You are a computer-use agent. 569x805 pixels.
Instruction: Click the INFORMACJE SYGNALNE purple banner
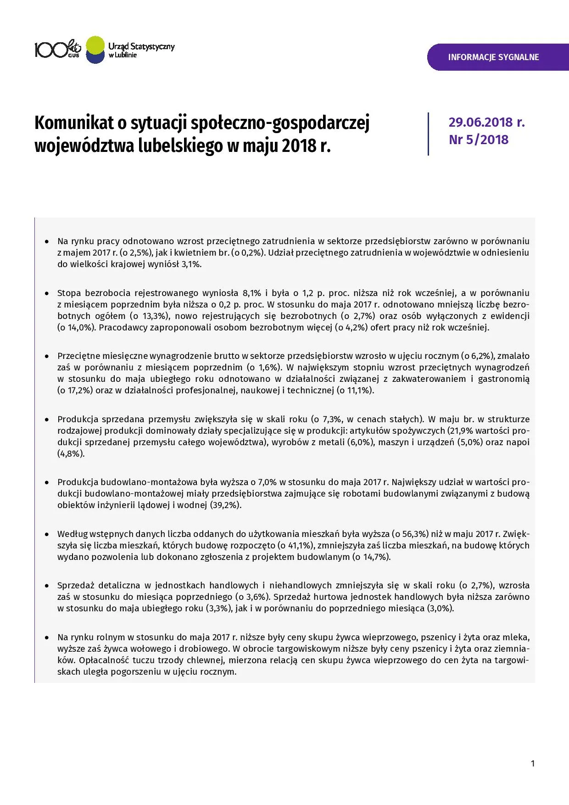click(493, 57)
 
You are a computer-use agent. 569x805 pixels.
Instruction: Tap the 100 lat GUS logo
click(58, 49)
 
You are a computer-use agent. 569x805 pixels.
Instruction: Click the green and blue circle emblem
click(95, 50)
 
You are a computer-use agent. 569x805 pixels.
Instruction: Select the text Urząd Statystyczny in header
click(141, 46)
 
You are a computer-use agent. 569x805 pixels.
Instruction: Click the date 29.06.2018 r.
click(486, 123)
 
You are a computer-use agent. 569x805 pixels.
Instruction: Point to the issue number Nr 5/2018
click(479, 140)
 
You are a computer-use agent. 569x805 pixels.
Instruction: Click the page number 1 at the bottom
click(532, 764)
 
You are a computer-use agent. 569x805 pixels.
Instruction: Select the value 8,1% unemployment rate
click(251, 293)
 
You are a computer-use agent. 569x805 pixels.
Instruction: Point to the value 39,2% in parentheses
click(225, 505)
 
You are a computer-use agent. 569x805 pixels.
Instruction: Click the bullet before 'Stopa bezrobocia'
click(46, 293)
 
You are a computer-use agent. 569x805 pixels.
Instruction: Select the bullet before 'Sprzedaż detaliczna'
click(46, 586)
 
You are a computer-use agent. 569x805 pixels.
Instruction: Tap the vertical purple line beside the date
click(428, 134)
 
